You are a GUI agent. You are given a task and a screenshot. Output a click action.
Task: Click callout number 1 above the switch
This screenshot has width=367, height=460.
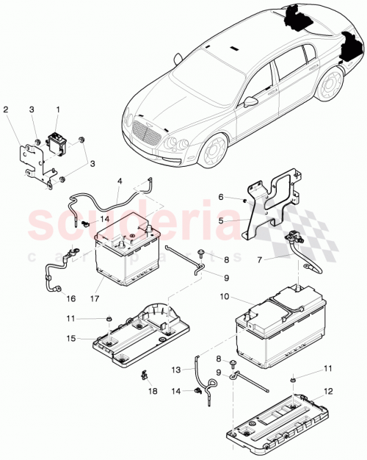click(x=57, y=109)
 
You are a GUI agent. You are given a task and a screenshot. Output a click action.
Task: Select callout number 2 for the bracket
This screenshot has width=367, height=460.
click(x=6, y=109)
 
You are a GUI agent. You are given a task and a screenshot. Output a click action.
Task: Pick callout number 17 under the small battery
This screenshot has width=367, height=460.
click(x=97, y=300)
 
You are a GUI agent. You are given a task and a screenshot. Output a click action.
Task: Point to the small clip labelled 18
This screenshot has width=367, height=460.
click(x=144, y=378)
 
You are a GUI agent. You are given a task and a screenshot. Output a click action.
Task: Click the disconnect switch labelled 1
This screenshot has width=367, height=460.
click(x=54, y=141)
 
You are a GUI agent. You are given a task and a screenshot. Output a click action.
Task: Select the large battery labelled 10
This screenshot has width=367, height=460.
click(x=278, y=331)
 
